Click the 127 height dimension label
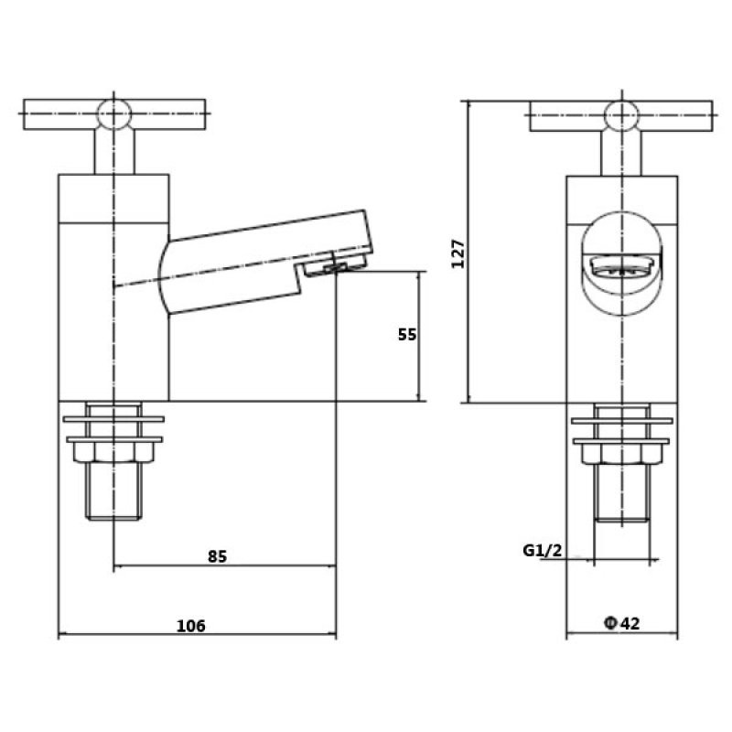(458, 253)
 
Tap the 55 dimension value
(406, 334)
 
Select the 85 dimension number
(217, 556)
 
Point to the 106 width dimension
(191, 626)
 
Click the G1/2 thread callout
(542, 551)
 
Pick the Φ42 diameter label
(622, 623)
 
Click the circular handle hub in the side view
(113, 113)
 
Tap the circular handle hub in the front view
(621, 115)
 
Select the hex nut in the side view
(113, 452)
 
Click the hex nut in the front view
(622, 454)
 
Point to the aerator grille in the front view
(621, 267)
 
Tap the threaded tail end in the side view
(113, 516)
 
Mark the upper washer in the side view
(113, 419)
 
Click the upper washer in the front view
(622, 421)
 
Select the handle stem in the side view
(114, 151)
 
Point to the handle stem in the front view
(621, 153)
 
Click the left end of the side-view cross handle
(24, 113)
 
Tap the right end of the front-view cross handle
(712, 116)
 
